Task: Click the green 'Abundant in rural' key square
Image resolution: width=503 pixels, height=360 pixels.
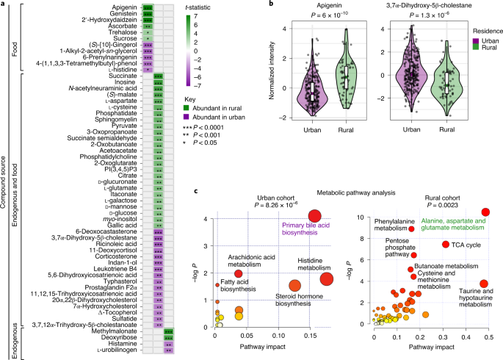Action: tap(187, 108)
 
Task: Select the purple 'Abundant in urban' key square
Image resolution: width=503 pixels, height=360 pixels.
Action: tap(187, 117)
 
